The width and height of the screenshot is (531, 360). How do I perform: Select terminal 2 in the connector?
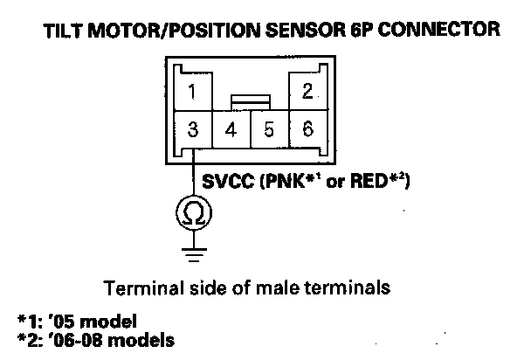[x=306, y=91]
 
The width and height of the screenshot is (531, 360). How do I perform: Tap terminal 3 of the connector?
[x=193, y=130]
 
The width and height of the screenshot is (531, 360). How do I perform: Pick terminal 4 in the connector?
[x=231, y=130]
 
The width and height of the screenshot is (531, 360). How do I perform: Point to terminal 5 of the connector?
[x=269, y=130]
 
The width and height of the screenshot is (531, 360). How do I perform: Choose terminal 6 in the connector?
[x=307, y=130]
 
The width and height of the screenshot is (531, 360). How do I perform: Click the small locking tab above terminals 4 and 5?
[x=249, y=102]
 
